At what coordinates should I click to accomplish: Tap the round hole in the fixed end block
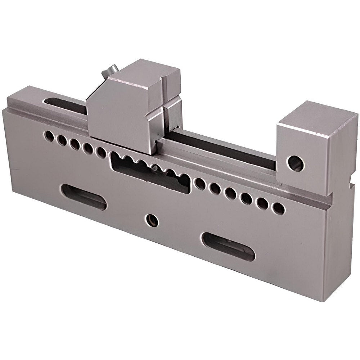pyautogui.click(x=295, y=163)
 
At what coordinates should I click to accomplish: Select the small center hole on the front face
pyautogui.click(x=152, y=220)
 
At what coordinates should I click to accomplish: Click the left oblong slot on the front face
pyautogui.click(x=84, y=197)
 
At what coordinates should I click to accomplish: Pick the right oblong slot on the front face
pyautogui.click(x=228, y=247)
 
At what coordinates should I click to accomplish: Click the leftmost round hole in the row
pyautogui.click(x=49, y=136)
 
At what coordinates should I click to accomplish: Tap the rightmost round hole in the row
pyautogui.click(x=278, y=208)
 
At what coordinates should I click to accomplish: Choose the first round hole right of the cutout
pyautogui.click(x=200, y=184)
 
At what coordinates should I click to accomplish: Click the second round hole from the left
pyautogui.click(x=62, y=140)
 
